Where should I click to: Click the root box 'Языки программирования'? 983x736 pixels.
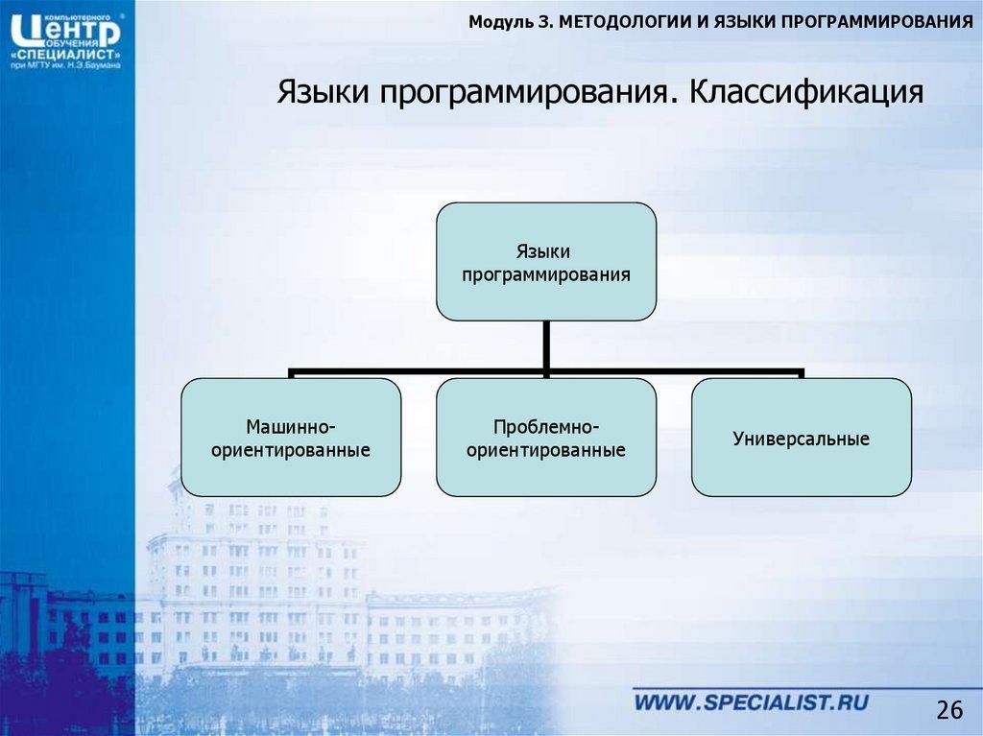pyautogui.click(x=546, y=261)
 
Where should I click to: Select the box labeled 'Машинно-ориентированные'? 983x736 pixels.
pyautogui.click(x=291, y=437)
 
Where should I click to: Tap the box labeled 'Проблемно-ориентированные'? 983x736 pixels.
pyautogui.click(x=546, y=437)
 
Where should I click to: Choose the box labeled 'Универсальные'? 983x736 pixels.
pyautogui.click(x=801, y=439)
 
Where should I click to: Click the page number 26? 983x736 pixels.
pyautogui.click(x=948, y=710)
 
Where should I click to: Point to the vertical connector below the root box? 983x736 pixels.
pyautogui.click(x=546, y=344)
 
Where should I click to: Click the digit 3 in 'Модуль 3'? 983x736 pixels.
pyautogui.click(x=543, y=22)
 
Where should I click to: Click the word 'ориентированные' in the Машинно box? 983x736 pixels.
pyautogui.click(x=291, y=448)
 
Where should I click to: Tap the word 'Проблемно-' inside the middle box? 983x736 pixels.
pyautogui.click(x=546, y=426)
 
